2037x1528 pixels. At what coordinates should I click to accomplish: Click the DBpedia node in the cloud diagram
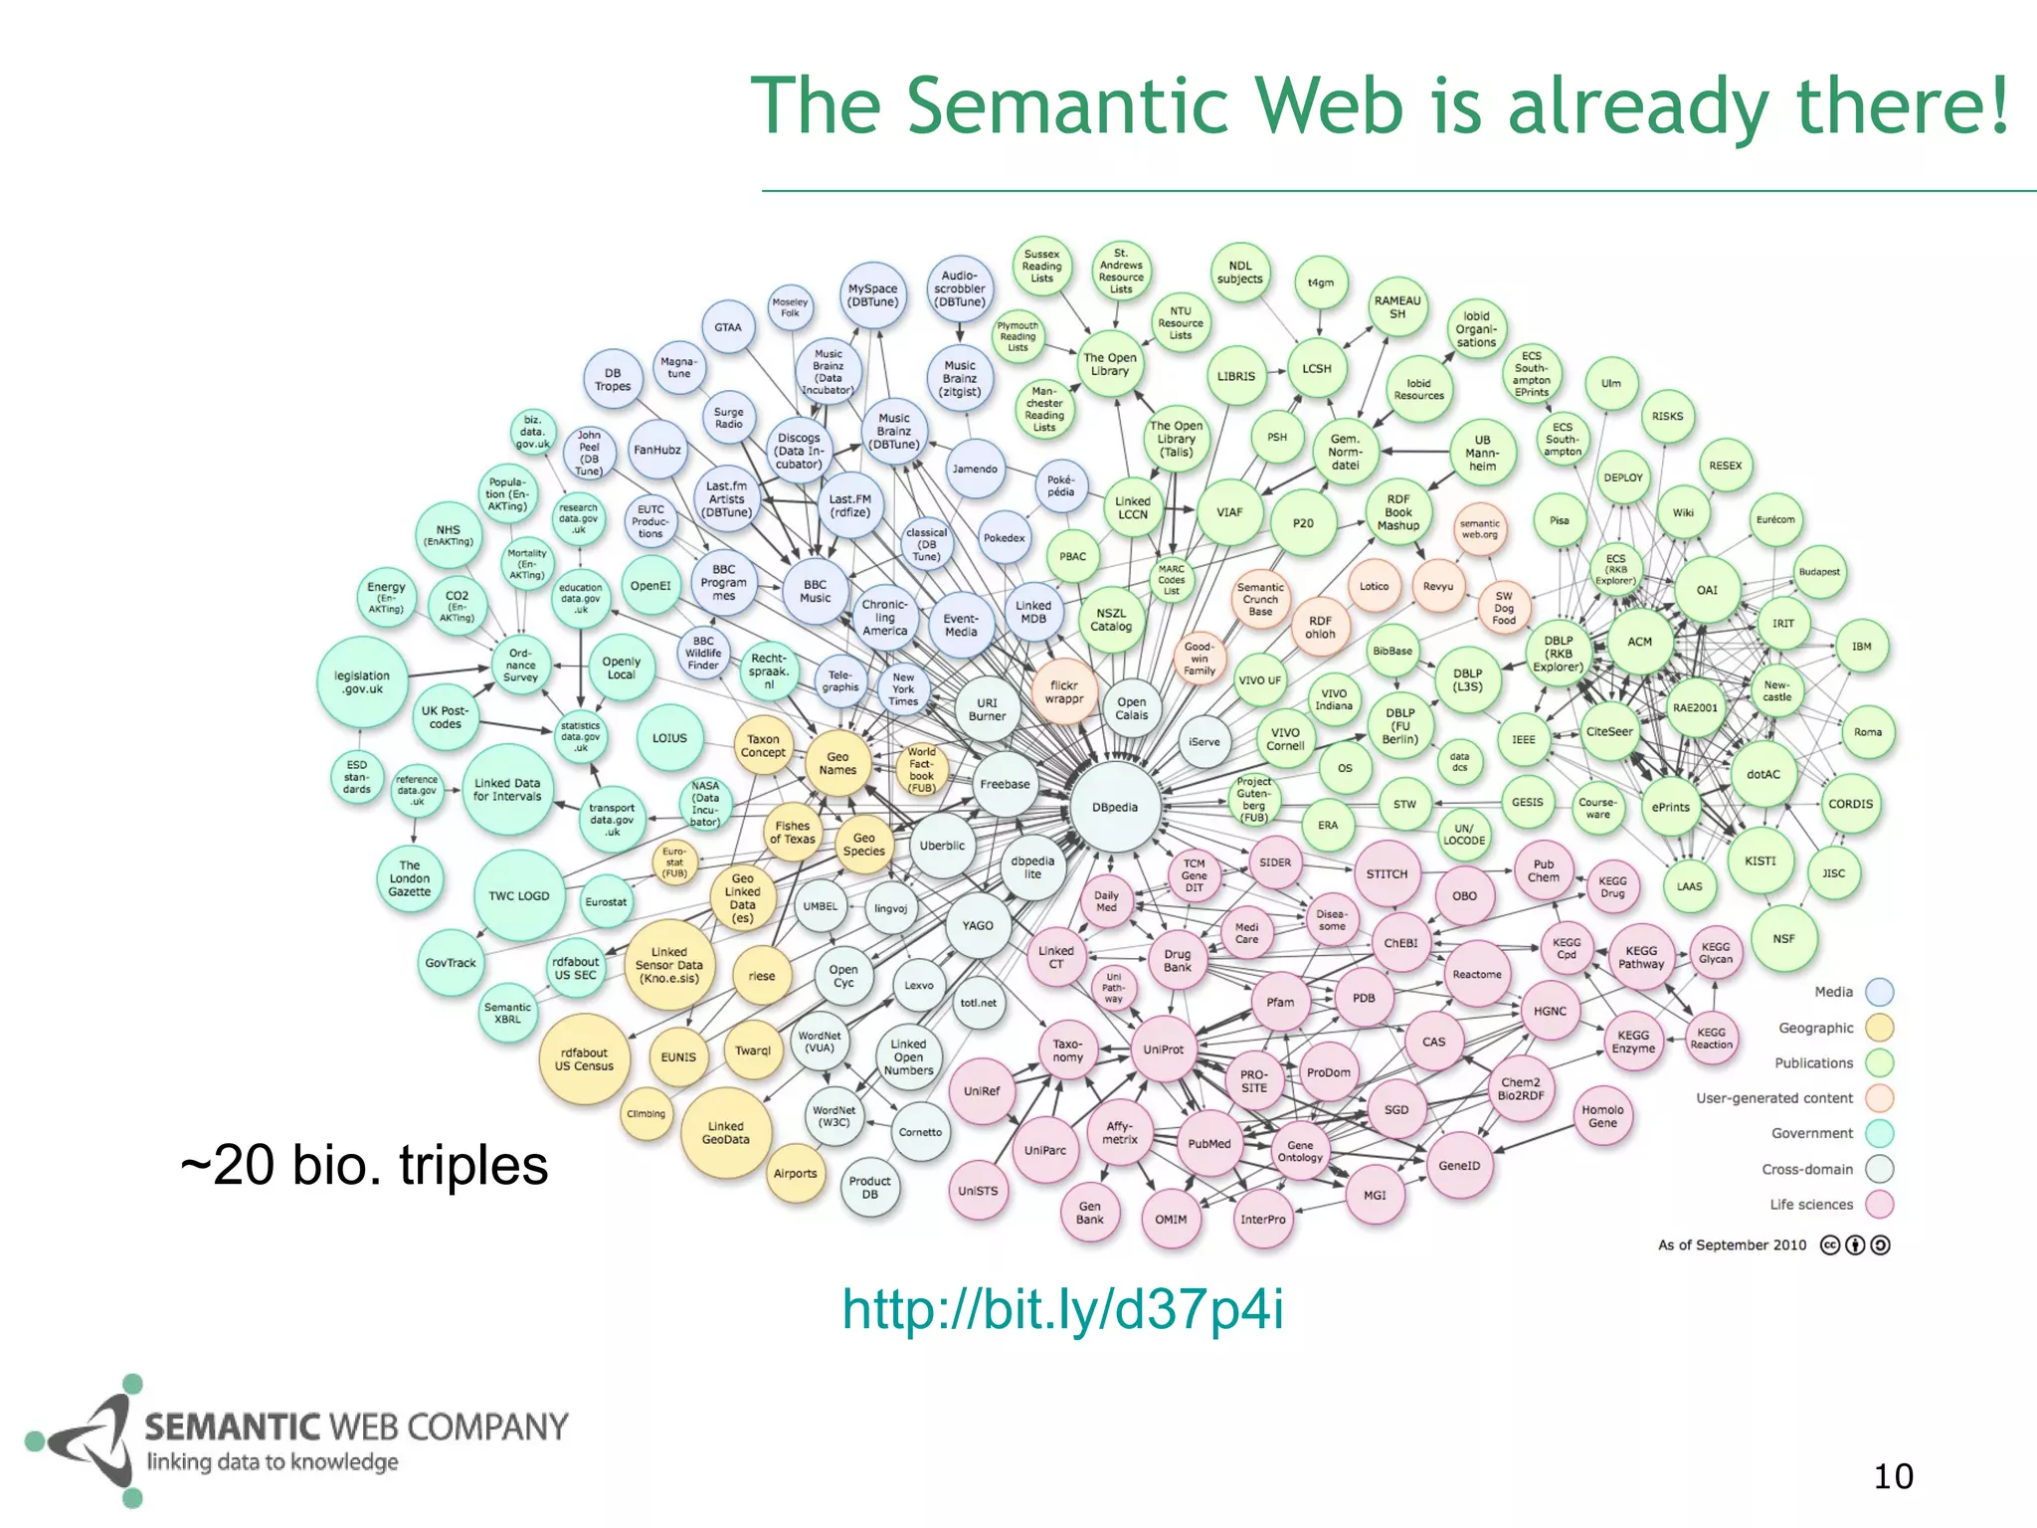[1115, 807]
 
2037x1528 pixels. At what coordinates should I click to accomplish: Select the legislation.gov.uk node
[362, 682]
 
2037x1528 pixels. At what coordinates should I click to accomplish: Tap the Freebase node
[1005, 784]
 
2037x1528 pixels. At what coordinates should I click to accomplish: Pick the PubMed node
[1209, 1144]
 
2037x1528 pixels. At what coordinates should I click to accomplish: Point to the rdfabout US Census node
[584, 1059]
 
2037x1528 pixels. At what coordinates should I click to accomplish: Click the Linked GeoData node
[726, 1133]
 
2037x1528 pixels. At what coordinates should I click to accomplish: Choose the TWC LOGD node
[519, 895]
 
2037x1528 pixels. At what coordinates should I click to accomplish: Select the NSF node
[1784, 938]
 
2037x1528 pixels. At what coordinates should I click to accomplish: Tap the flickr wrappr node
[1064, 691]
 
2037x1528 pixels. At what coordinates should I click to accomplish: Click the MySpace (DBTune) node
[873, 295]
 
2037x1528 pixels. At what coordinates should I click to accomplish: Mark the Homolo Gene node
[1602, 1116]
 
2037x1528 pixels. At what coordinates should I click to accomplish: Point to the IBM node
[1862, 647]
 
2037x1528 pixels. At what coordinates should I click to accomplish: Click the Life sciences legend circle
[1879, 1205]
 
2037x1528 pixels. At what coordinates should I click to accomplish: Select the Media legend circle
[1879, 992]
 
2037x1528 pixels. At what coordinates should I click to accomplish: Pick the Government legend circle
[1879, 1133]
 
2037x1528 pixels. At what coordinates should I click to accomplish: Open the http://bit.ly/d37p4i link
[1062, 1309]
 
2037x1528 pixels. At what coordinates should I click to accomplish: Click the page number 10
[1893, 1476]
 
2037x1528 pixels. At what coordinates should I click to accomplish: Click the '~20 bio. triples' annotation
[364, 1165]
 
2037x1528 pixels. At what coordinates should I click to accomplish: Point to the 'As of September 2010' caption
[1732, 1244]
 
